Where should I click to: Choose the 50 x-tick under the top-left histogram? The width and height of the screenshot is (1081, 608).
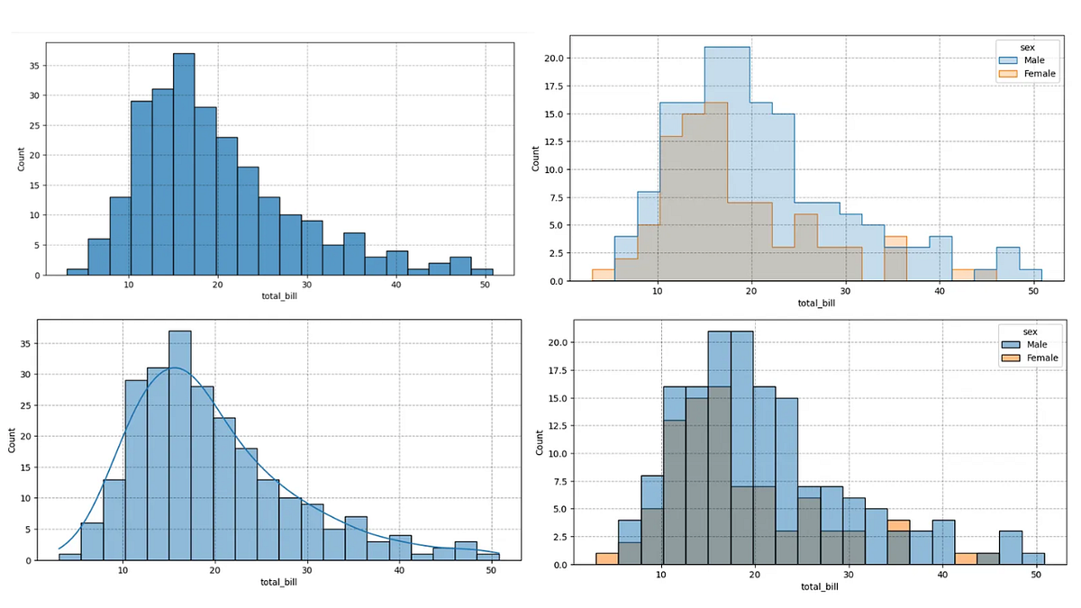(486, 286)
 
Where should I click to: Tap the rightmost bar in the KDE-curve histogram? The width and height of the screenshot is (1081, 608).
(488, 557)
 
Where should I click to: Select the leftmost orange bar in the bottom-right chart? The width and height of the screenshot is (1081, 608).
(606, 558)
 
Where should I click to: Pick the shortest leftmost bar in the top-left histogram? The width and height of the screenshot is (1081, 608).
(77, 271)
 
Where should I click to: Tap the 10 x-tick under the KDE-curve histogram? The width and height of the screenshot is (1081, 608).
(122, 571)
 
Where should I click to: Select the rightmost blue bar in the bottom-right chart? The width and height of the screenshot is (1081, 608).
(1033, 558)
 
